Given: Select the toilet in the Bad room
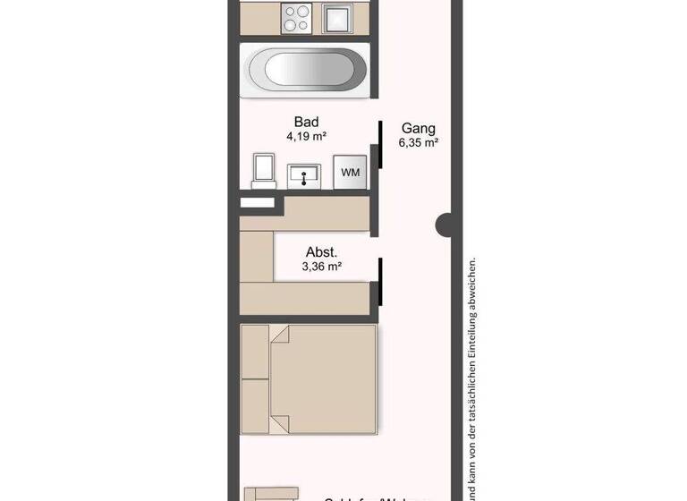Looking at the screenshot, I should (263, 170).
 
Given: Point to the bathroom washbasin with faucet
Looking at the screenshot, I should (306, 175).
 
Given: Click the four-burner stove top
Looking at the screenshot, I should (296, 16).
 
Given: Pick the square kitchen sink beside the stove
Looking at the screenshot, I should (339, 16).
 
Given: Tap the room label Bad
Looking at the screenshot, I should (306, 123).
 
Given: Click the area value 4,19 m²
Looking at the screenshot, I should (306, 137).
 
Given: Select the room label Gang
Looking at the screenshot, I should (418, 128).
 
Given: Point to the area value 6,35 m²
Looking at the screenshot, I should (418, 142).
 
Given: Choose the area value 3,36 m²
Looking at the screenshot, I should (323, 266).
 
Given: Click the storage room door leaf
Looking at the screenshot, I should (380, 280).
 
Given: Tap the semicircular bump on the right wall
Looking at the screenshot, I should (442, 225).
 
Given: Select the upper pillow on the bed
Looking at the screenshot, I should (255, 351).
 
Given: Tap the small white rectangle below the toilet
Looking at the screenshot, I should (258, 203).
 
